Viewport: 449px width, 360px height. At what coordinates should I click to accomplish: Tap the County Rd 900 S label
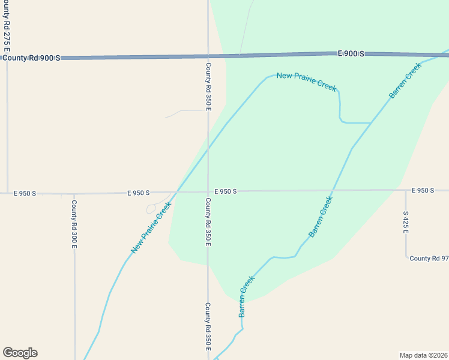(x=31, y=58)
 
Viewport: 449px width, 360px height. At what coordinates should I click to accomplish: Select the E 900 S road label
(x=351, y=54)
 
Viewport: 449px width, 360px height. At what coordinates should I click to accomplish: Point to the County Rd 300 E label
(x=74, y=224)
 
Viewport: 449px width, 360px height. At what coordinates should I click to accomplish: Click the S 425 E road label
(x=406, y=222)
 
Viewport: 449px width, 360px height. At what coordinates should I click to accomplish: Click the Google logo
(x=20, y=353)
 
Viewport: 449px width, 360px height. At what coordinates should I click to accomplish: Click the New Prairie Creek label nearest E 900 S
(x=306, y=80)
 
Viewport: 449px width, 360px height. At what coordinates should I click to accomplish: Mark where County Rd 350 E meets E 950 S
(x=208, y=192)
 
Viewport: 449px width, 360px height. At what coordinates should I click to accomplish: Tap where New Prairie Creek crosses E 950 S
(x=176, y=193)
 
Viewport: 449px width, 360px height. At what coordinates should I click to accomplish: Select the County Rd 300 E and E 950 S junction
(x=74, y=194)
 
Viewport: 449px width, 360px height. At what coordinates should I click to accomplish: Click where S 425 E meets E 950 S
(x=406, y=191)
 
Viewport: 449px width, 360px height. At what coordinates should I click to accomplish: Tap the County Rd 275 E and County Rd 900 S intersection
(x=7, y=58)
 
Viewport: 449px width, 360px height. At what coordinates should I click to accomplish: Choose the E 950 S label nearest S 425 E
(x=423, y=190)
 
